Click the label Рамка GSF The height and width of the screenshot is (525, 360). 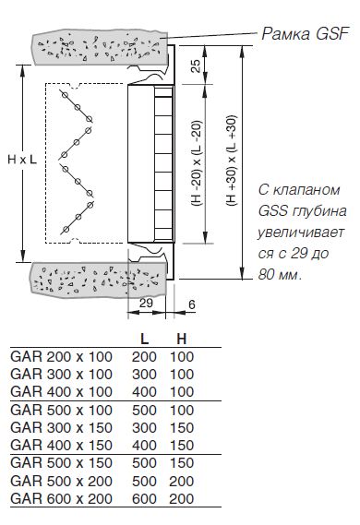click(x=306, y=34)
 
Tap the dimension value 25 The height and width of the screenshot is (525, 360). click(x=197, y=66)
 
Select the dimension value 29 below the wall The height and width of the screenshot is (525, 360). click(x=146, y=303)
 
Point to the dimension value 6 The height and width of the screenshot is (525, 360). click(x=192, y=304)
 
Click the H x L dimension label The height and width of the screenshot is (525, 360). click(x=22, y=160)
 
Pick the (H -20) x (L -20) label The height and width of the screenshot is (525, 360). click(x=197, y=163)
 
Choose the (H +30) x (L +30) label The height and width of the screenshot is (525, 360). click(x=232, y=161)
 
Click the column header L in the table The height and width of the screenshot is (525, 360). click(x=144, y=340)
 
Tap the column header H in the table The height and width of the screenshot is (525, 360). click(x=182, y=340)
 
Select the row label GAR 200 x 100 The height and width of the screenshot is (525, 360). click(x=61, y=357)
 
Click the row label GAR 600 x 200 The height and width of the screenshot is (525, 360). click(x=61, y=499)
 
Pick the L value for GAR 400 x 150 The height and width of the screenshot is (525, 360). click(x=144, y=446)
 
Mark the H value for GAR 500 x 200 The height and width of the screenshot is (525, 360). click(x=182, y=481)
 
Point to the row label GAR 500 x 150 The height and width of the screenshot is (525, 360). click(x=61, y=463)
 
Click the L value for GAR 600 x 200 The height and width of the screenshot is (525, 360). click(x=144, y=499)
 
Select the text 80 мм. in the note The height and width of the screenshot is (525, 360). click(x=280, y=275)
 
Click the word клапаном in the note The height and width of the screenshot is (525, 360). click(x=306, y=190)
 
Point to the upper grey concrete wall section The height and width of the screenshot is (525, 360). click(x=100, y=49)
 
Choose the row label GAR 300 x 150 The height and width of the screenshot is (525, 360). click(x=61, y=428)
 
